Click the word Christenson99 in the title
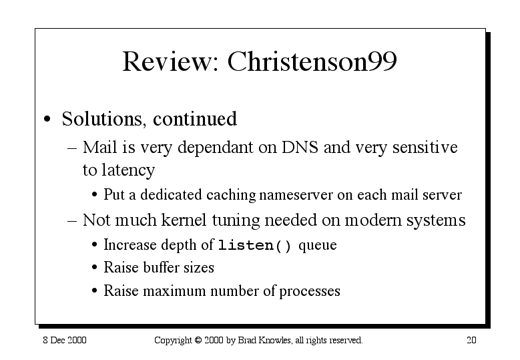[x=312, y=61]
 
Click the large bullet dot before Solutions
[x=47, y=119]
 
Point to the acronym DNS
[x=300, y=147]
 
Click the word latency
[x=128, y=170]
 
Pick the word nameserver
[x=296, y=195]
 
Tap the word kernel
[x=184, y=220]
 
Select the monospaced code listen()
[x=255, y=246]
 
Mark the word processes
[x=310, y=292]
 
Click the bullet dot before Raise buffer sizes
[x=95, y=267]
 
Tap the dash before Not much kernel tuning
[x=72, y=220]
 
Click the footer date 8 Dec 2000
[x=65, y=340]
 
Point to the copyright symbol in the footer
[x=198, y=340]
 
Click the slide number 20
[x=471, y=340]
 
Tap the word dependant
[x=216, y=148]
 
